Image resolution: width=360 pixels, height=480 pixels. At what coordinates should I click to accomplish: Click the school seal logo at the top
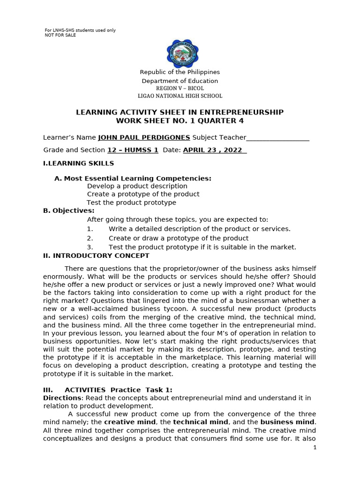[x=180, y=54]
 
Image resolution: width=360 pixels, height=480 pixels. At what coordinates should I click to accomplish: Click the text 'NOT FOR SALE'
[x=60, y=35]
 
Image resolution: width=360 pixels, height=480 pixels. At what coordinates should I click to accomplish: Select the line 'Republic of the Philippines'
[x=180, y=72]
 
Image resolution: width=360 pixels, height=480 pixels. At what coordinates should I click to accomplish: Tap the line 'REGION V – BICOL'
[x=180, y=88]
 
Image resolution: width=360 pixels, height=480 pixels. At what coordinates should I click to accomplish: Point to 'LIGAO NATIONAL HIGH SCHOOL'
[x=180, y=96]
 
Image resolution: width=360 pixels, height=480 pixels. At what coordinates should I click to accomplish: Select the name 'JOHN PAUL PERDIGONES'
[x=144, y=137]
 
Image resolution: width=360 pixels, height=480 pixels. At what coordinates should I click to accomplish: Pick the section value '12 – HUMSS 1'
[x=133, y=150]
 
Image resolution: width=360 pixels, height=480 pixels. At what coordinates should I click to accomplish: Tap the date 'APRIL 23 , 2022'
[x=214, y=150]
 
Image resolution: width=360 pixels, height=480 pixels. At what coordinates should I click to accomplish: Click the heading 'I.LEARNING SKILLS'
[x=78, y=163]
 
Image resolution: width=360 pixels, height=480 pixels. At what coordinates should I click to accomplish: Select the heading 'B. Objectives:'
[x=68, y=210]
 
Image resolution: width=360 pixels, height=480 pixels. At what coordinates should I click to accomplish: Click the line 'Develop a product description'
[x=137, y=186]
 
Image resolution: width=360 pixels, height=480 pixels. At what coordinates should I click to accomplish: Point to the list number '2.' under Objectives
[x=90, y=238]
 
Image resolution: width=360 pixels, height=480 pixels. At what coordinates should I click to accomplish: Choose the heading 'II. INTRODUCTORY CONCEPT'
[x=96, y=255]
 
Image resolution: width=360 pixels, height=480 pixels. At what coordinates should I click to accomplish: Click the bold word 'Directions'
[x=60, y=398]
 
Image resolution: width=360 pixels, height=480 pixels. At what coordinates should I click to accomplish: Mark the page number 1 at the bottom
[x=315, y=448]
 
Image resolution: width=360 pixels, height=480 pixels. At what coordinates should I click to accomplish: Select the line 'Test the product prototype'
[x=131, y=202]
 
